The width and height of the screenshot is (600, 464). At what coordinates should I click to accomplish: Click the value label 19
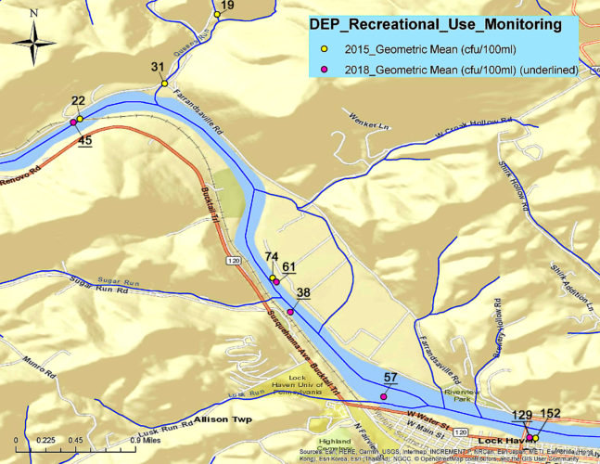228,6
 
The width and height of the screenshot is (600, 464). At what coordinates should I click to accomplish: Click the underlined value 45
85,141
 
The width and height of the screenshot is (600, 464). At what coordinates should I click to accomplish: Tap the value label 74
272,257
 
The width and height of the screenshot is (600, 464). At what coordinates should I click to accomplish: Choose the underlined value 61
289,267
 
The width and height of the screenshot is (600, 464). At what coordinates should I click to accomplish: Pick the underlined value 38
303,292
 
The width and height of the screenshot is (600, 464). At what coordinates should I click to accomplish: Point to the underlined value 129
523,415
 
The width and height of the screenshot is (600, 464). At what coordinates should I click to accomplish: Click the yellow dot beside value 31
164,84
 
